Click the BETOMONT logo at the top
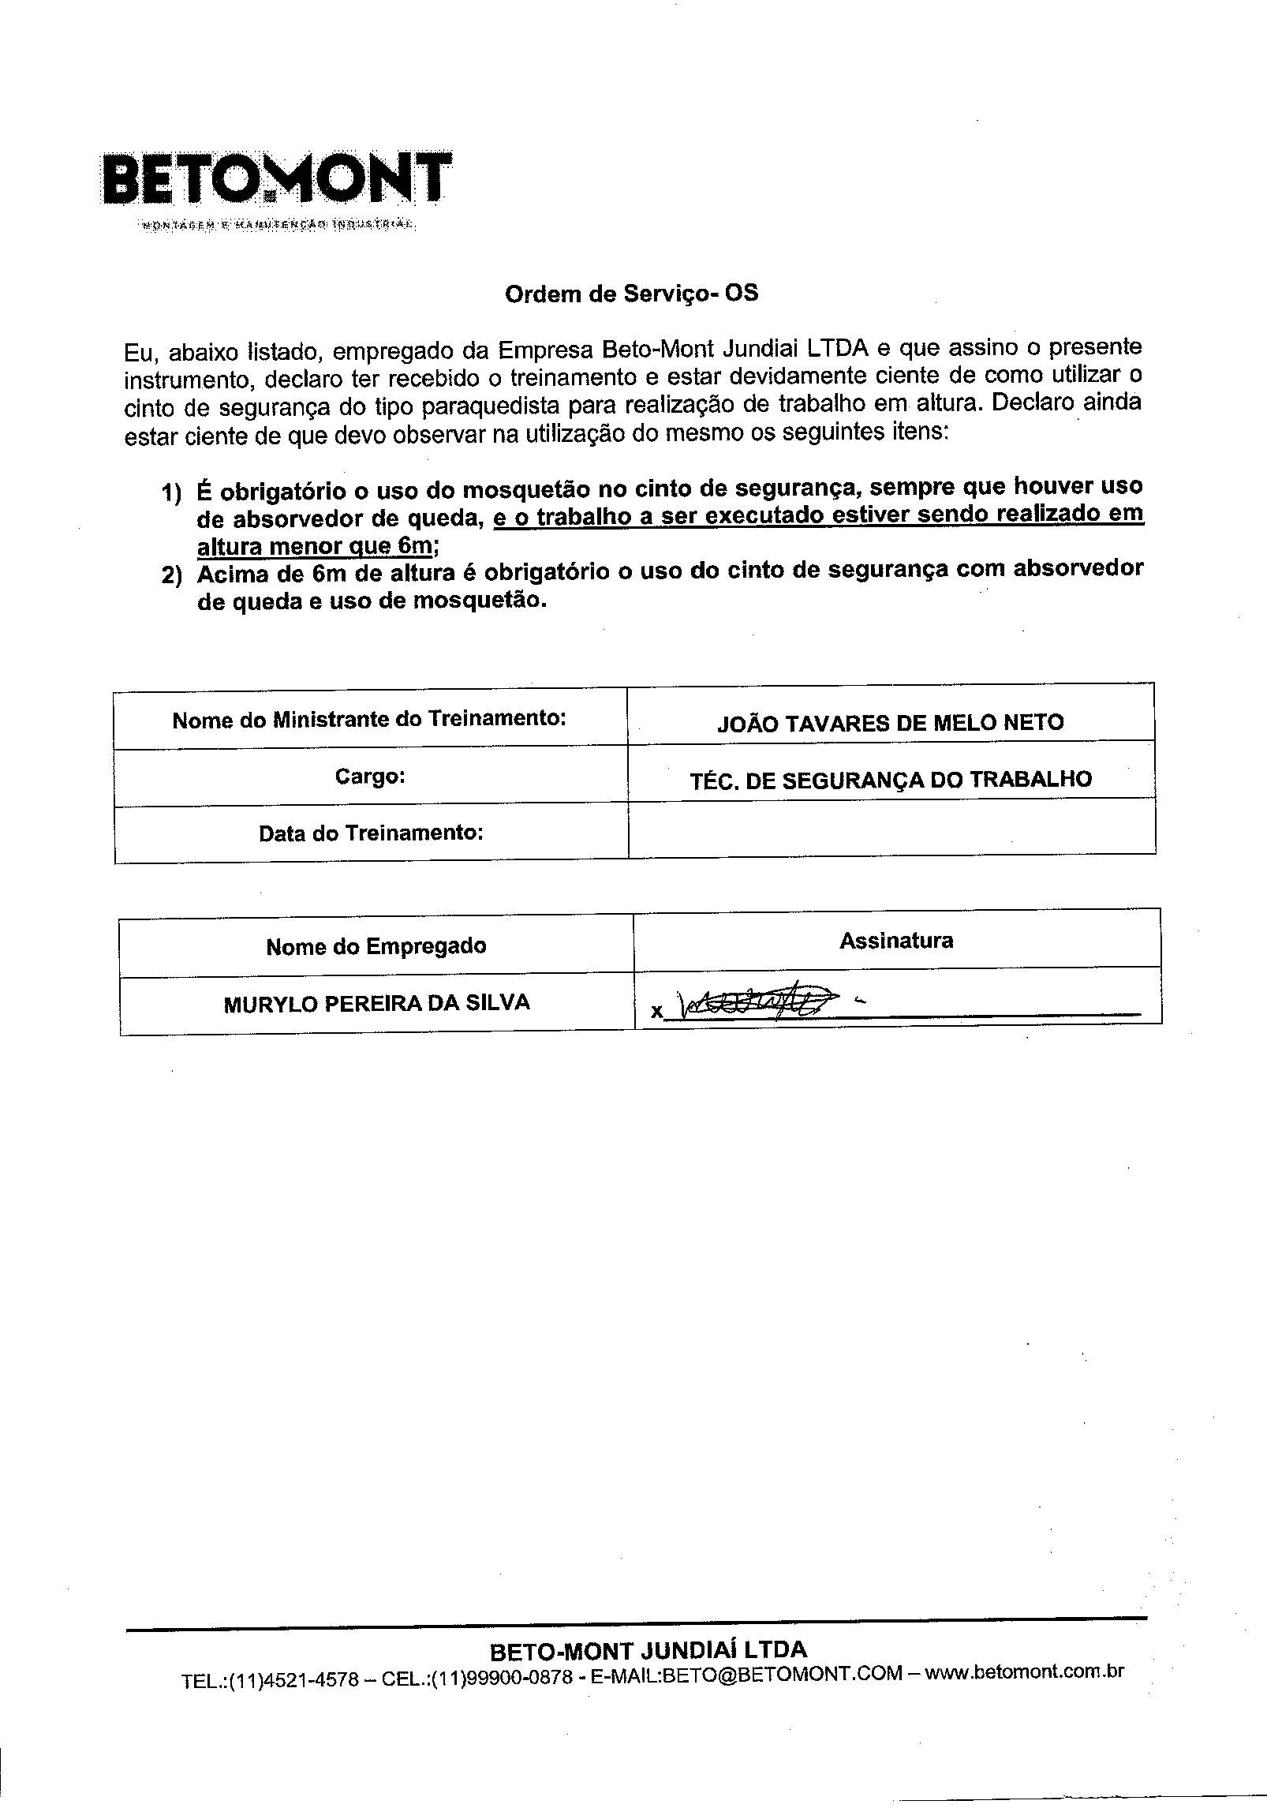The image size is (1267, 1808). [276, 180]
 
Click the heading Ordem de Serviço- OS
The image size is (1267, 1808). [631, 294]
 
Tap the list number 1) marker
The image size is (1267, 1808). [171, 492]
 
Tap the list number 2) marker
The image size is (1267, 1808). [171, 575]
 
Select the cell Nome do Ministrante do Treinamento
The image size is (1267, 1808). [369, 719]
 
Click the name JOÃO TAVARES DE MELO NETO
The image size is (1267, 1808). [890, 723]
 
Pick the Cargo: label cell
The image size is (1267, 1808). [369, 777]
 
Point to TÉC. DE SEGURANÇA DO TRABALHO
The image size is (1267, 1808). [891, 780]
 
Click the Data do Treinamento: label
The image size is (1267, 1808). [371, 833]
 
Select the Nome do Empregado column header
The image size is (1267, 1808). [376, 946]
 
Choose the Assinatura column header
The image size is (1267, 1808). [895, 940]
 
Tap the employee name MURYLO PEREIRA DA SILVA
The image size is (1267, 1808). [377, 1003]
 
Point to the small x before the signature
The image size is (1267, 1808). [656, 1010]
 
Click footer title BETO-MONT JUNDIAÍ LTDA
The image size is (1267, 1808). [648, 1649]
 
